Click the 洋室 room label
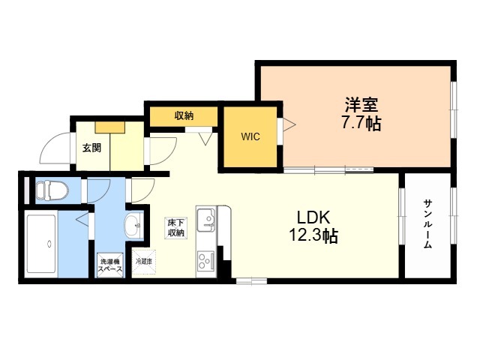point(361,105)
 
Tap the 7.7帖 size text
point(361,124)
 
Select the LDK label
point(313,217)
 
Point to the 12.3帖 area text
point(313,235)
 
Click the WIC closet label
point(250,136)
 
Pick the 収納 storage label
point(184,116)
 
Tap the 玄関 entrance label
point(91,148)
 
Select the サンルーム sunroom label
point(427,224)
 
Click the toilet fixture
point(51,190)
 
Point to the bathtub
point(41,244)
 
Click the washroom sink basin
point(133,226)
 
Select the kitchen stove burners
point(205,260)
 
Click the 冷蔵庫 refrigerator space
point(144,262)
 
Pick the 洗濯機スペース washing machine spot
point(110,265)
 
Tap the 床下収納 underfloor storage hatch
point(176,228)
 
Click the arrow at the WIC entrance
point(289,124)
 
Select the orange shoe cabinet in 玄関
point(110,127)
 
